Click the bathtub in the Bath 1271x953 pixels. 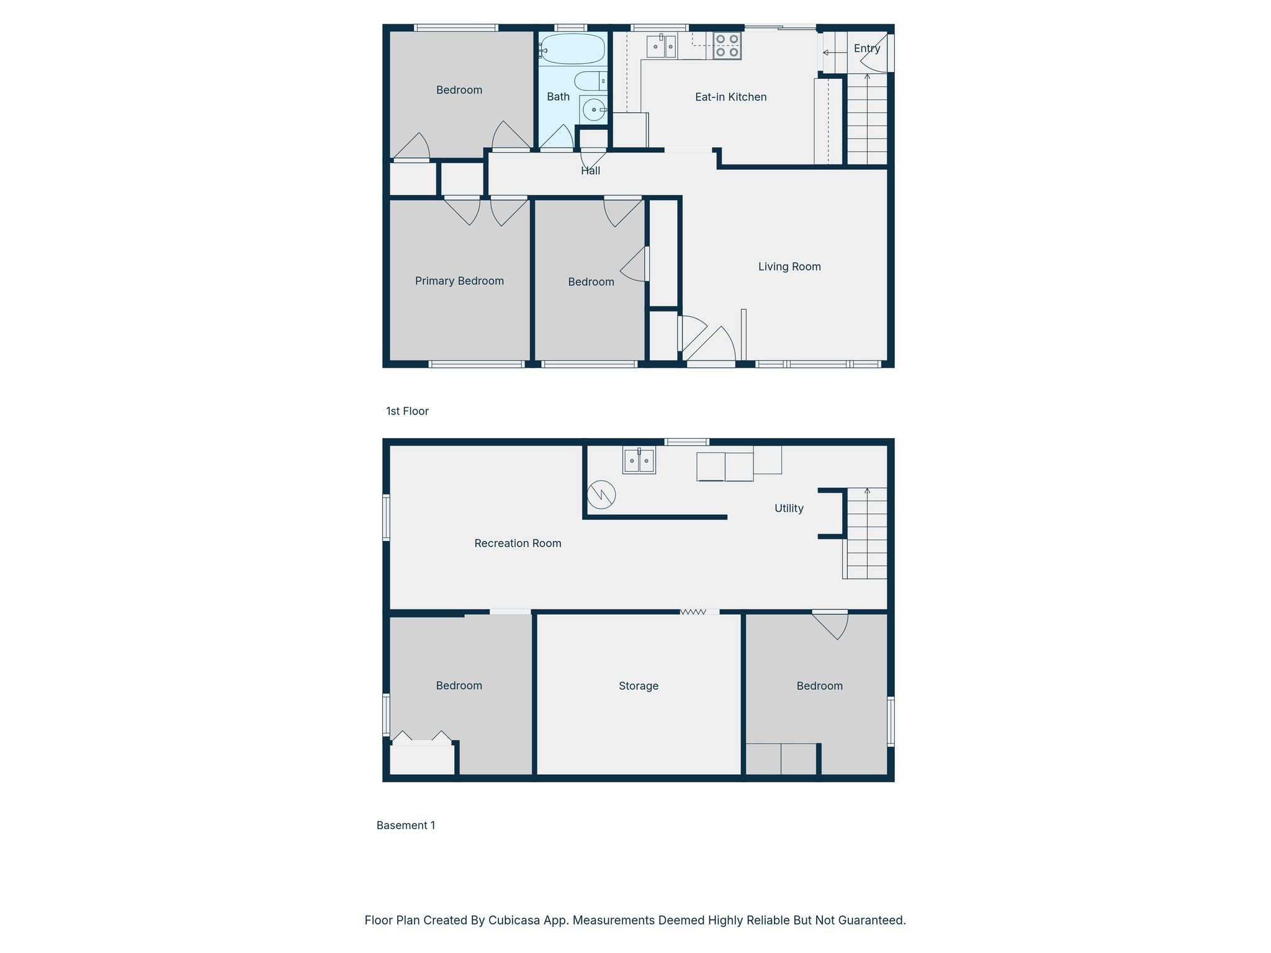tap(572, 49)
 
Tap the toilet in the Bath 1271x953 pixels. tap(590, 81)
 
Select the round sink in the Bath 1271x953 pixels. tap(594, 110)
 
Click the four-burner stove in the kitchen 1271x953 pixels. tap(727, 46)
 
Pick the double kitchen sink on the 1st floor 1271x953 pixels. tap(662, 47)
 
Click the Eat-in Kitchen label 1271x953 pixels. tap(730, 97)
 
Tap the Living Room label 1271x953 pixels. tap(789, 267)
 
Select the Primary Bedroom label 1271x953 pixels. tap(459, 281)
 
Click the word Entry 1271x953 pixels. tap(866, 48)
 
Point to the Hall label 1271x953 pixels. tap(590, 171)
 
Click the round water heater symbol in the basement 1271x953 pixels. tap(601, 494)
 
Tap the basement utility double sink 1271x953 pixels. tap(639, 460)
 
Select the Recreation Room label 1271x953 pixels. tap(518, 544)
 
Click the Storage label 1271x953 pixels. tap(638, 686)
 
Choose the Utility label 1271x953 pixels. tap(789, 508)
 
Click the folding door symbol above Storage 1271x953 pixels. tap(693, 612)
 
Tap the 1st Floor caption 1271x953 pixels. tap(407, 411)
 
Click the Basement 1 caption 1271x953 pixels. tap(405, 825)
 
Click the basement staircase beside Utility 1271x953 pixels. tap(867, 534)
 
